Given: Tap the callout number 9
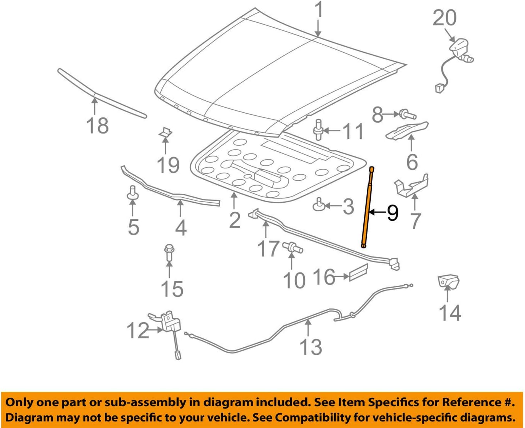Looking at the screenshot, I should (392, 213).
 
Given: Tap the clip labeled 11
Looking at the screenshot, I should (318, 130).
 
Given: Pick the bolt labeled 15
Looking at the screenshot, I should (169, 252).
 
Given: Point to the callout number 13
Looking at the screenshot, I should (311, 347).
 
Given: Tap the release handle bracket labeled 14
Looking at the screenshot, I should (448, 281).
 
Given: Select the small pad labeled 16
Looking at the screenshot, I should (358, 272).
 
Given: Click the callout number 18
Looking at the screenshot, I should (97, 126).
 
